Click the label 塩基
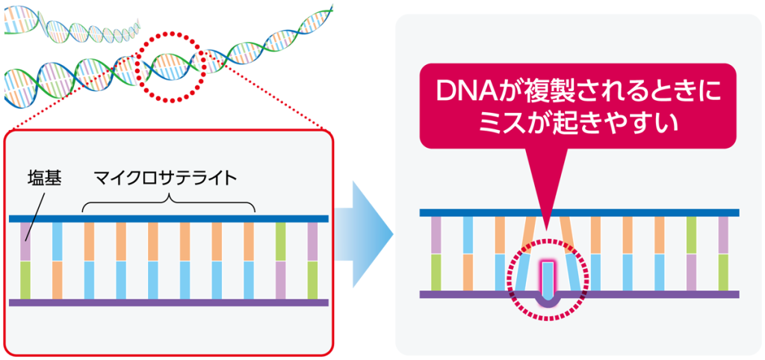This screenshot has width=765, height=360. [43, 179]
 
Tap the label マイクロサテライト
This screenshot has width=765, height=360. [166, 179]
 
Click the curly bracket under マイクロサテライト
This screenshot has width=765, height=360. [169, 204]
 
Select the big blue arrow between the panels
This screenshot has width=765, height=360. [365, 235]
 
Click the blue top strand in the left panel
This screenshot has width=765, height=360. [169, 219]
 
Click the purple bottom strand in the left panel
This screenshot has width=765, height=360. [169, 302]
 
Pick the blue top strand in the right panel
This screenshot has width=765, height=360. [579, 213]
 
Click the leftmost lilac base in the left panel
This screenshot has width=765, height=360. [25, 241]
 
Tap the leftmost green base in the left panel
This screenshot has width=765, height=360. [25, 280]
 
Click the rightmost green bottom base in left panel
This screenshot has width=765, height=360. [313, 280]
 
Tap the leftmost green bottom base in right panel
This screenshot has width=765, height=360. [436, 272]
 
